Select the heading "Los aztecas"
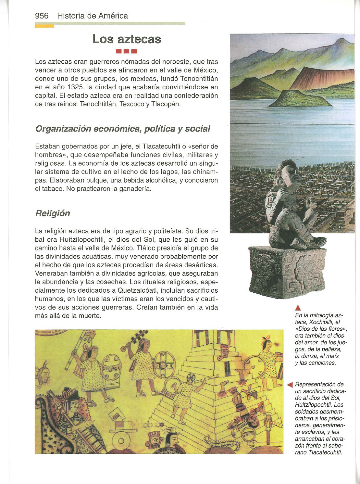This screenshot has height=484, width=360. (127, 39)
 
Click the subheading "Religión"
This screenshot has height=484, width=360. (52, 213)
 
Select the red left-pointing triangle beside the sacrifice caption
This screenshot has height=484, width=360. (290, 385)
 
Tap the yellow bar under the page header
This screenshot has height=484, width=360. (44, 26)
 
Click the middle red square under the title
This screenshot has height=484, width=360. (127, 51)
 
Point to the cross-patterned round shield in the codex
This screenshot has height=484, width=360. (164, 365)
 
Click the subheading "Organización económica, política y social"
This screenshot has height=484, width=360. (123, 129)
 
